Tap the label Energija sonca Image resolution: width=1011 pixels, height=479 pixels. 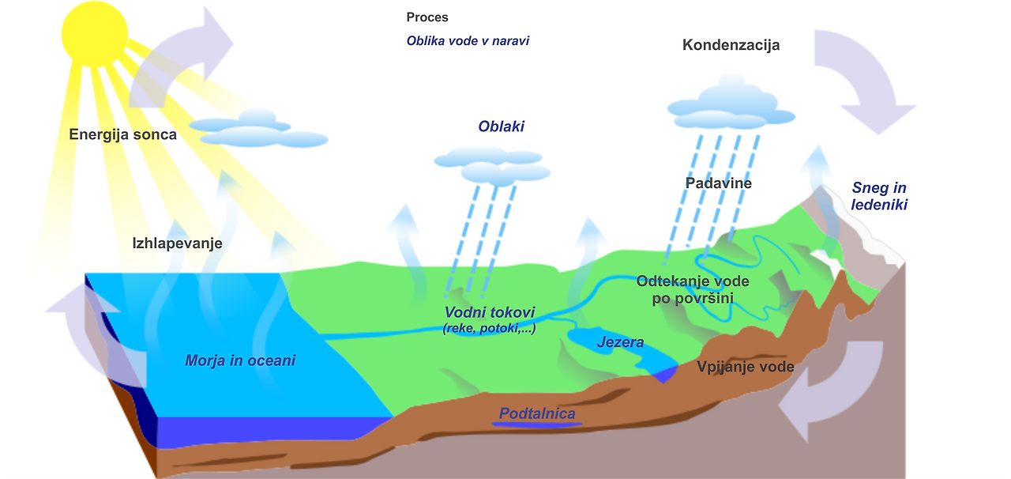(x=122, y=134)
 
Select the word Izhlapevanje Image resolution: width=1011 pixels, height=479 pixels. (x=177, y=243)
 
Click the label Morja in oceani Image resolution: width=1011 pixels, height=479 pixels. (x=240, y=360)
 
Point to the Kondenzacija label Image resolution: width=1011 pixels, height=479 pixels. (x=731, y=45)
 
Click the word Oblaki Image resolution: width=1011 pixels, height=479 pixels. (x=501, y=126)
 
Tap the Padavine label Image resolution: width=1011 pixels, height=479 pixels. (x=718, y=183)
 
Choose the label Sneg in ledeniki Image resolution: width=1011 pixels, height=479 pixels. (x=879, y=196)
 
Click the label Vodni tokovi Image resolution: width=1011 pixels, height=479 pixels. (x=490, y=313)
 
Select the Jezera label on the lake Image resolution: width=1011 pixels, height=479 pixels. (x=620, y=342)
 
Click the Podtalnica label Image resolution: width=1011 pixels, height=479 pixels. (x=537, y=413)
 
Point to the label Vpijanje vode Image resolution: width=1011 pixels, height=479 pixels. (x=745, y=367)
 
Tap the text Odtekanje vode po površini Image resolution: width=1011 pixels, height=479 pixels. (x=693, y=289)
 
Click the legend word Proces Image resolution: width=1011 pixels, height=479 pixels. (x=427, y=17)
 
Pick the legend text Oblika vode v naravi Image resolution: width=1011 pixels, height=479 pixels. (x=468, y=40)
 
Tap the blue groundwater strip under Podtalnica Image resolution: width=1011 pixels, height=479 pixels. (x=537, y=425)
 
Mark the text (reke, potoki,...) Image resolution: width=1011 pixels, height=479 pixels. (x=489, y=328)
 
